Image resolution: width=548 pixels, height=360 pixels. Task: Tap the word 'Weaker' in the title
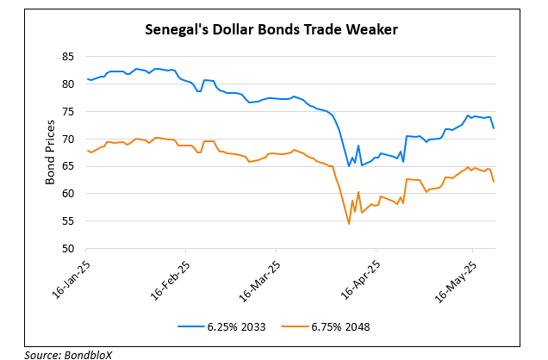(373, 30)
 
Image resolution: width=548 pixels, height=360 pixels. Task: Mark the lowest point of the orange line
(349, 224)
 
